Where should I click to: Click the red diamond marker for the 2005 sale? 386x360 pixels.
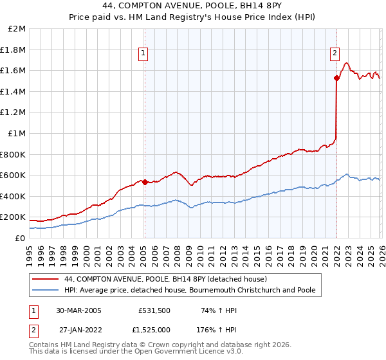point(145,182)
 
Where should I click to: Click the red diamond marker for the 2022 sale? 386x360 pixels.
point(336,78)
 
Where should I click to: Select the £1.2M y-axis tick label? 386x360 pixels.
point(14,113)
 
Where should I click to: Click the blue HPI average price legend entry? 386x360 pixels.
point(190,291)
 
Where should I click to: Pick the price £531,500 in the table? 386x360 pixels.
point(154,310)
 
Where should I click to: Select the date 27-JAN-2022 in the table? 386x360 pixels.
point(80,329)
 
